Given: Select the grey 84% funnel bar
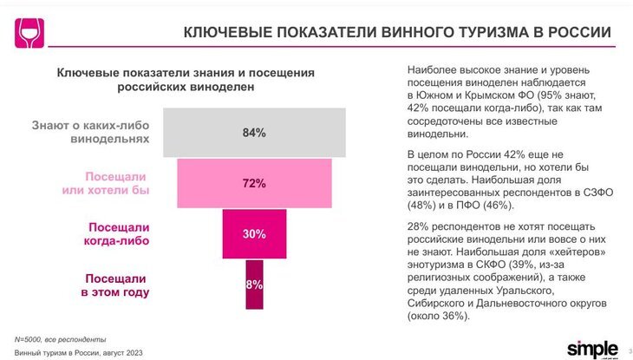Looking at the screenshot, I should (x=254, y=133).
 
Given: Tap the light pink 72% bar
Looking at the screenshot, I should (x=254, y=183).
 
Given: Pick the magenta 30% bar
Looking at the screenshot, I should (x=254, y=234).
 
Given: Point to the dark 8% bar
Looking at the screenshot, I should (x=254, y=284).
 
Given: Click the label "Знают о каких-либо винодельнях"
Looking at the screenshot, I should (x=91, y=132).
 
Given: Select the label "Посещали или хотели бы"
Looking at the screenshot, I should (x=118, y=183).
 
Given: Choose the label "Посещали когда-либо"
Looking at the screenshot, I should (x=119, y=234).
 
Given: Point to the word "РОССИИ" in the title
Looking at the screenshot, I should (x=581, y=33).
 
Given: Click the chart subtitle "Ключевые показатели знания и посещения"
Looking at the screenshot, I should (x=185, y=74).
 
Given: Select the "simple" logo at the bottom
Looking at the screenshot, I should (x=592, y=347).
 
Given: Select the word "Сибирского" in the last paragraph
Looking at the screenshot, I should (x=439, y=304).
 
